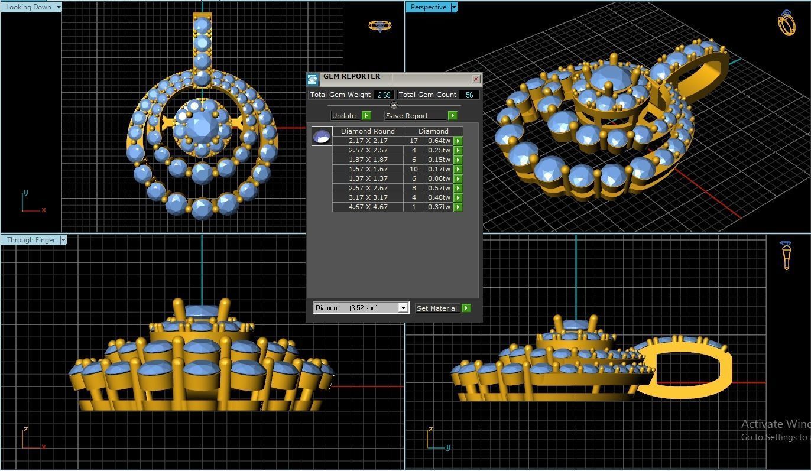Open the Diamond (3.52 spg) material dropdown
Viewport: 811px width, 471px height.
tap(403, 308)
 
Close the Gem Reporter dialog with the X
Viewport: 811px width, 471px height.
tap(476, 79)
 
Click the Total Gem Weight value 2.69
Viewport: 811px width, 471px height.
tap(384, 95)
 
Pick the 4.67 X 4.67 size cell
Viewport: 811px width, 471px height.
tap(368, 207)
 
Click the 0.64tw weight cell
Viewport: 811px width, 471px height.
tap(439, 141)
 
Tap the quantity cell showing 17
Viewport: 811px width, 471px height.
tap(413, 141)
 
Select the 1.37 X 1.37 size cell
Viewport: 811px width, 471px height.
tap(368, 178)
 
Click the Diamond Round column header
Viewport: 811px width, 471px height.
tap(368, 131)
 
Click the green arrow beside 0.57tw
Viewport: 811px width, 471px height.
tap(458, 188)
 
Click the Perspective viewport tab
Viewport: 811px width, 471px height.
tap(428, 7)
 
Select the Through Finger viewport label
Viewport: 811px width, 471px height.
tap(31, 240)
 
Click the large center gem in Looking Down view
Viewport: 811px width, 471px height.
tap(202, 126)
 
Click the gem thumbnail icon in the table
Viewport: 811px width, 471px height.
tap(322, 137)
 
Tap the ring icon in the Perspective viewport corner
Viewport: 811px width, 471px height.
tap(786, 23)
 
